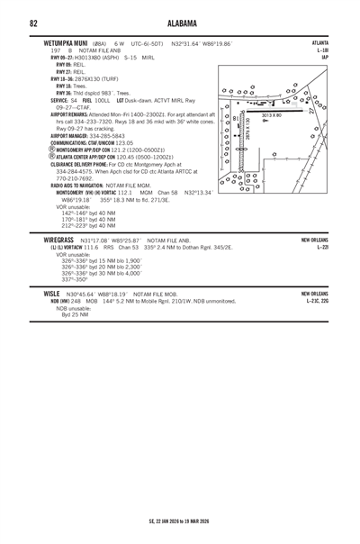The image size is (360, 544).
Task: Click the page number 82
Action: [33, 22]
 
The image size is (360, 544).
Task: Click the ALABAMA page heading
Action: [180, 22]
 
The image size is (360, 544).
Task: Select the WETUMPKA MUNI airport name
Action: [50, 42]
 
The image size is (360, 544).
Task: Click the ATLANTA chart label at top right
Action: [320, 42]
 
